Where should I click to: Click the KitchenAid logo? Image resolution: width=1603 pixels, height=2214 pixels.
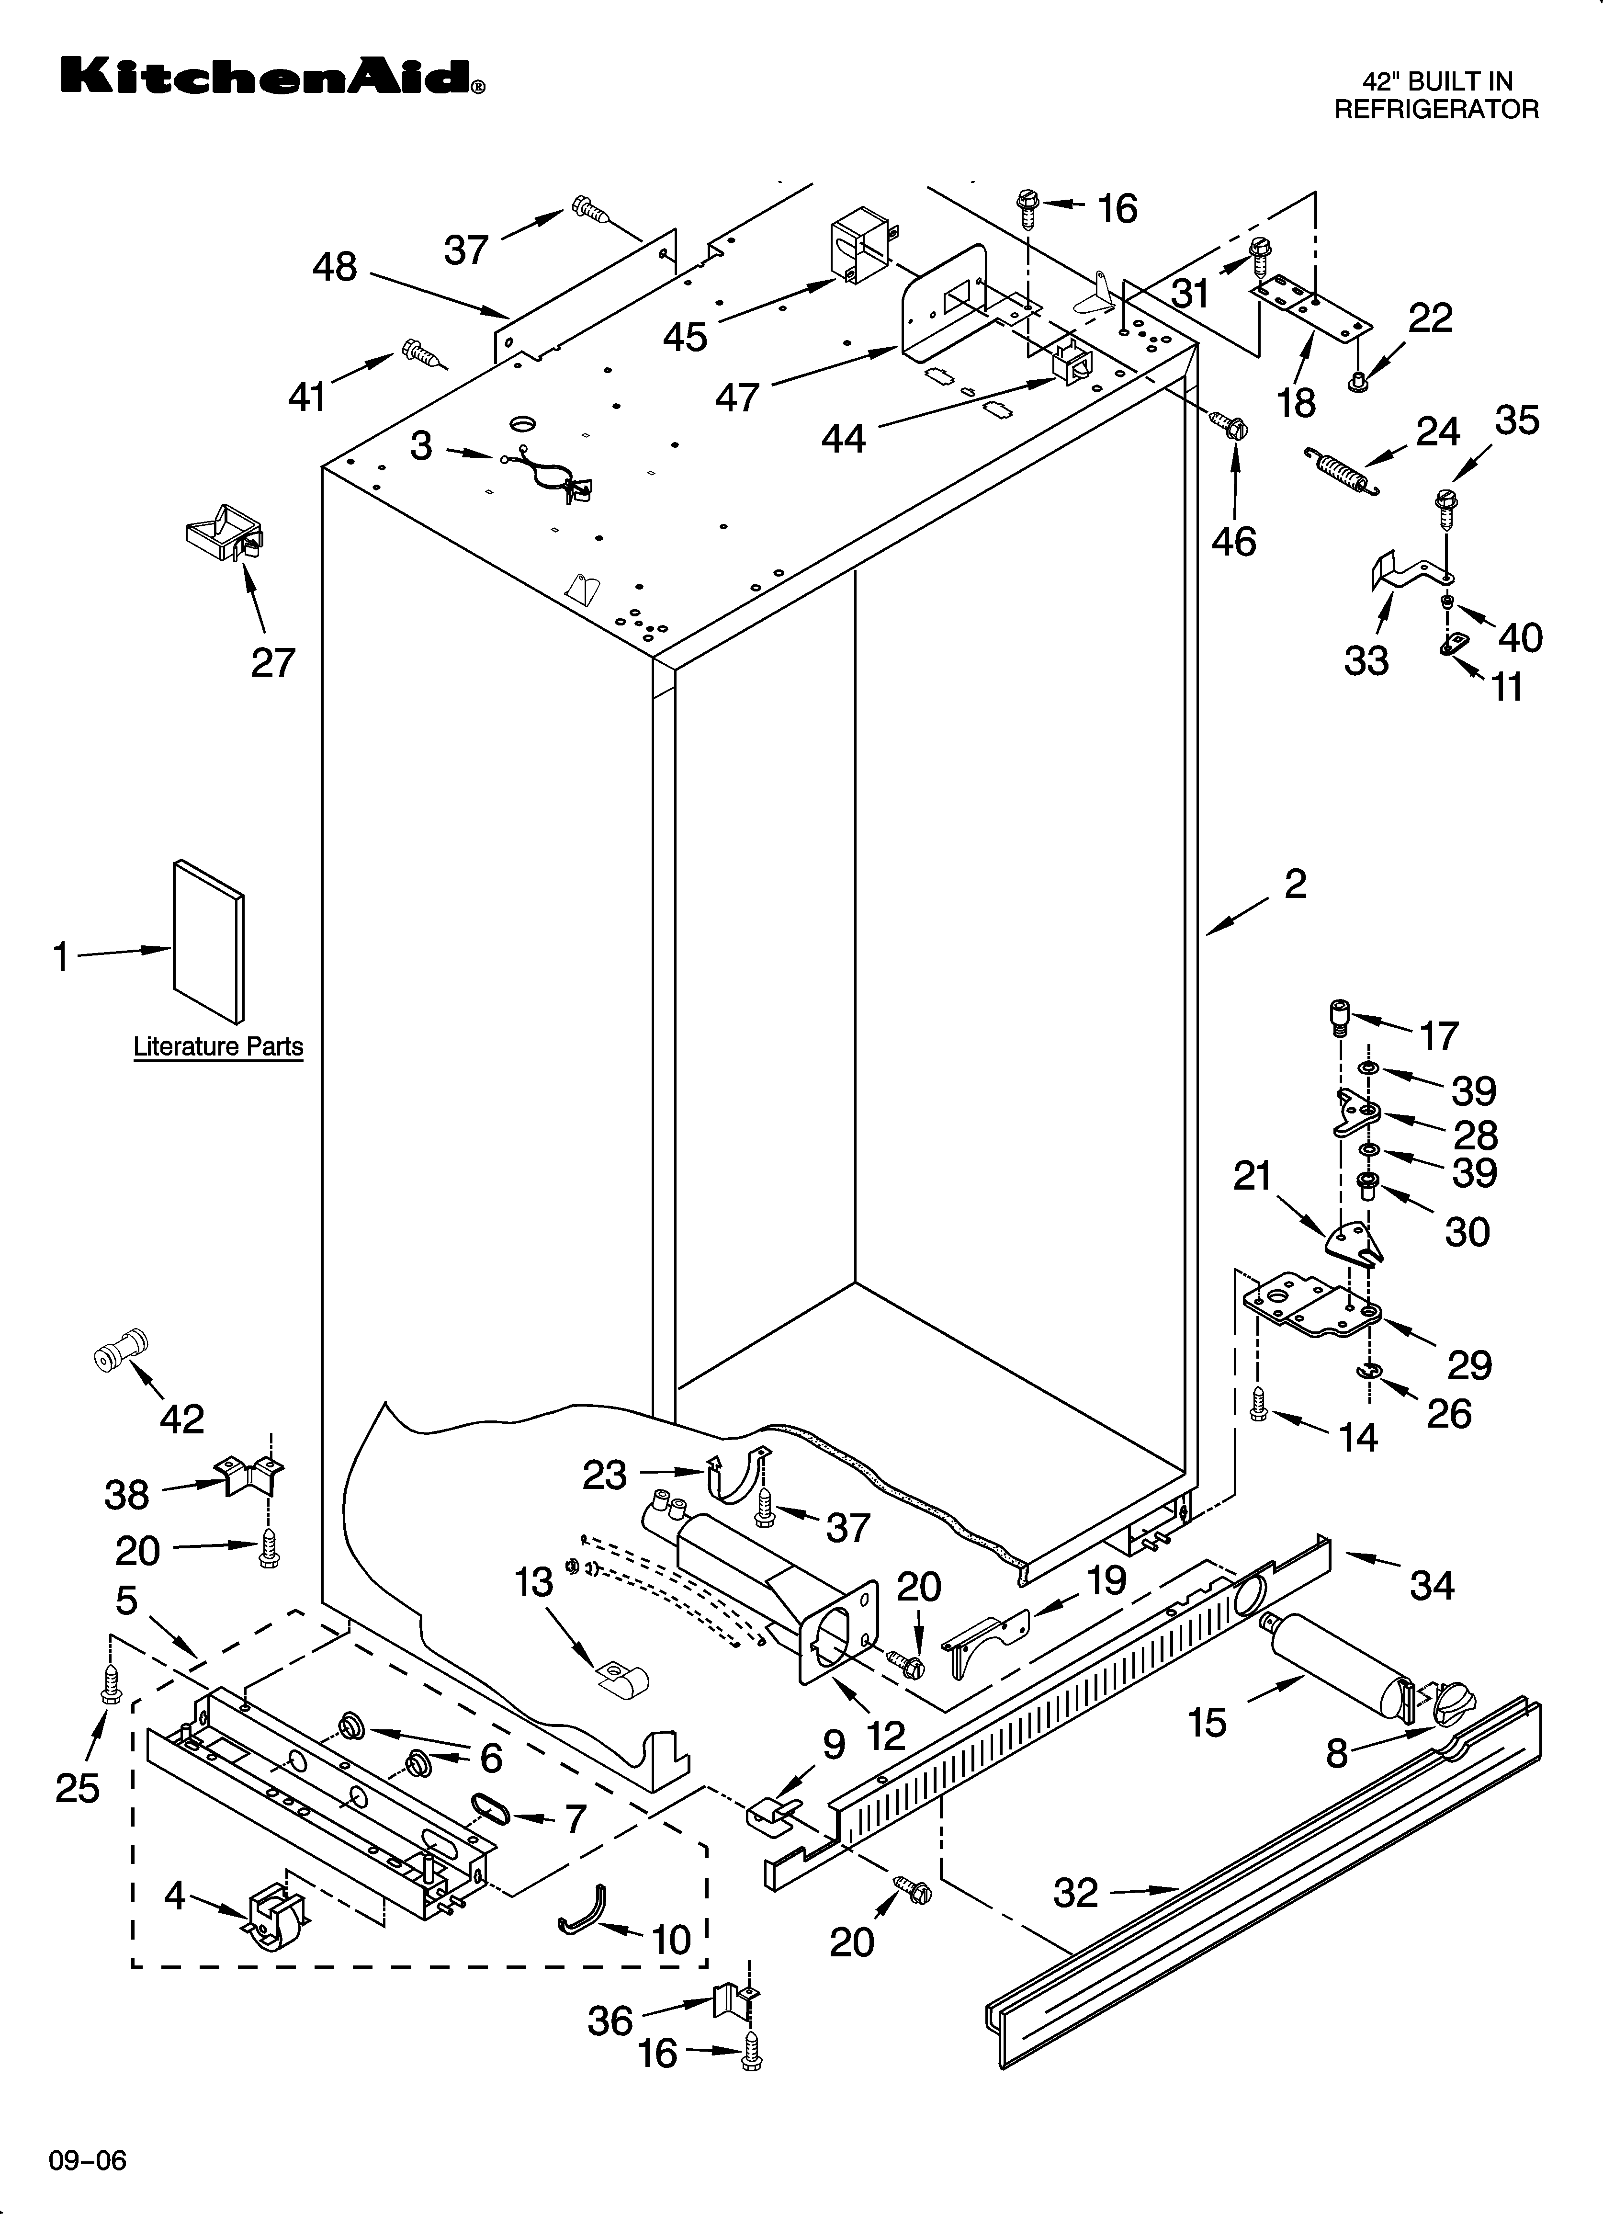point(271,76)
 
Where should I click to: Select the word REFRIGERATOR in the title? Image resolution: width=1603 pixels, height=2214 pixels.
point(1436,109)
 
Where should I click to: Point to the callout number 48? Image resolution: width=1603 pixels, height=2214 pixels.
point(335,266)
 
